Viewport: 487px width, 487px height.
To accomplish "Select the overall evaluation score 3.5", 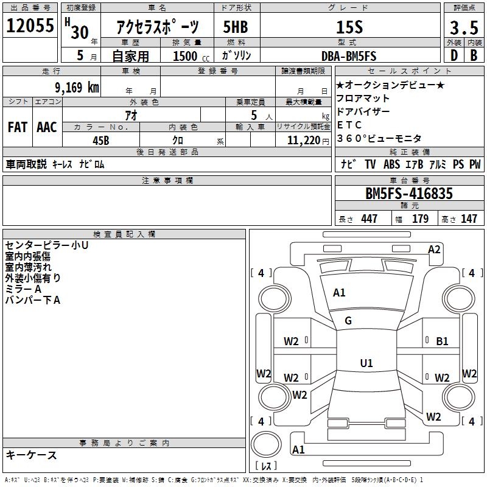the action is [x=463, y=27].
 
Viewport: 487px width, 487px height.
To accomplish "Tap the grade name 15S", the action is [x=349, y=27].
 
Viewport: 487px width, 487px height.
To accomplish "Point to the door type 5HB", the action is [x=235, y=27].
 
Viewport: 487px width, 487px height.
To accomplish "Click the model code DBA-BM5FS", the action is [x=349, y=56].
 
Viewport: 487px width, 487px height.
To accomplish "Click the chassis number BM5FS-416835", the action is [x=409, y=194].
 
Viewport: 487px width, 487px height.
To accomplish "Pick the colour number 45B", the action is [x=101, y=139].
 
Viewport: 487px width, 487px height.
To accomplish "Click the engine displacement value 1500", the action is [x=186, y=57].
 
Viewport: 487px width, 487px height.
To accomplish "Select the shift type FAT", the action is [x=18, y=127].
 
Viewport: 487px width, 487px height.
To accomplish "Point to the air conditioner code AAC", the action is [x=47, y=127].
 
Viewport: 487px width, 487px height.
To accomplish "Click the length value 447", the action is [x=369, y=219].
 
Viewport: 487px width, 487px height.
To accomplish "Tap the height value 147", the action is [x=469, y=219].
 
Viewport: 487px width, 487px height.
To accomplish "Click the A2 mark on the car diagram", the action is [x=434, y=249].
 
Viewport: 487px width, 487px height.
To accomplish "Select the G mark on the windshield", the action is [x=348, y=321].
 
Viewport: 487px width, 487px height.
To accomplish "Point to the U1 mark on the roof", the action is [x=366, y=363].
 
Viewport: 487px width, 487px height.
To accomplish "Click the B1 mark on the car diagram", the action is [x=442, y=342].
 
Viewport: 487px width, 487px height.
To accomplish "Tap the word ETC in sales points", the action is [x=345, y=125].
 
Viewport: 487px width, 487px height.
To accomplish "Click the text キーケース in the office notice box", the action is [x=32, y=455].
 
